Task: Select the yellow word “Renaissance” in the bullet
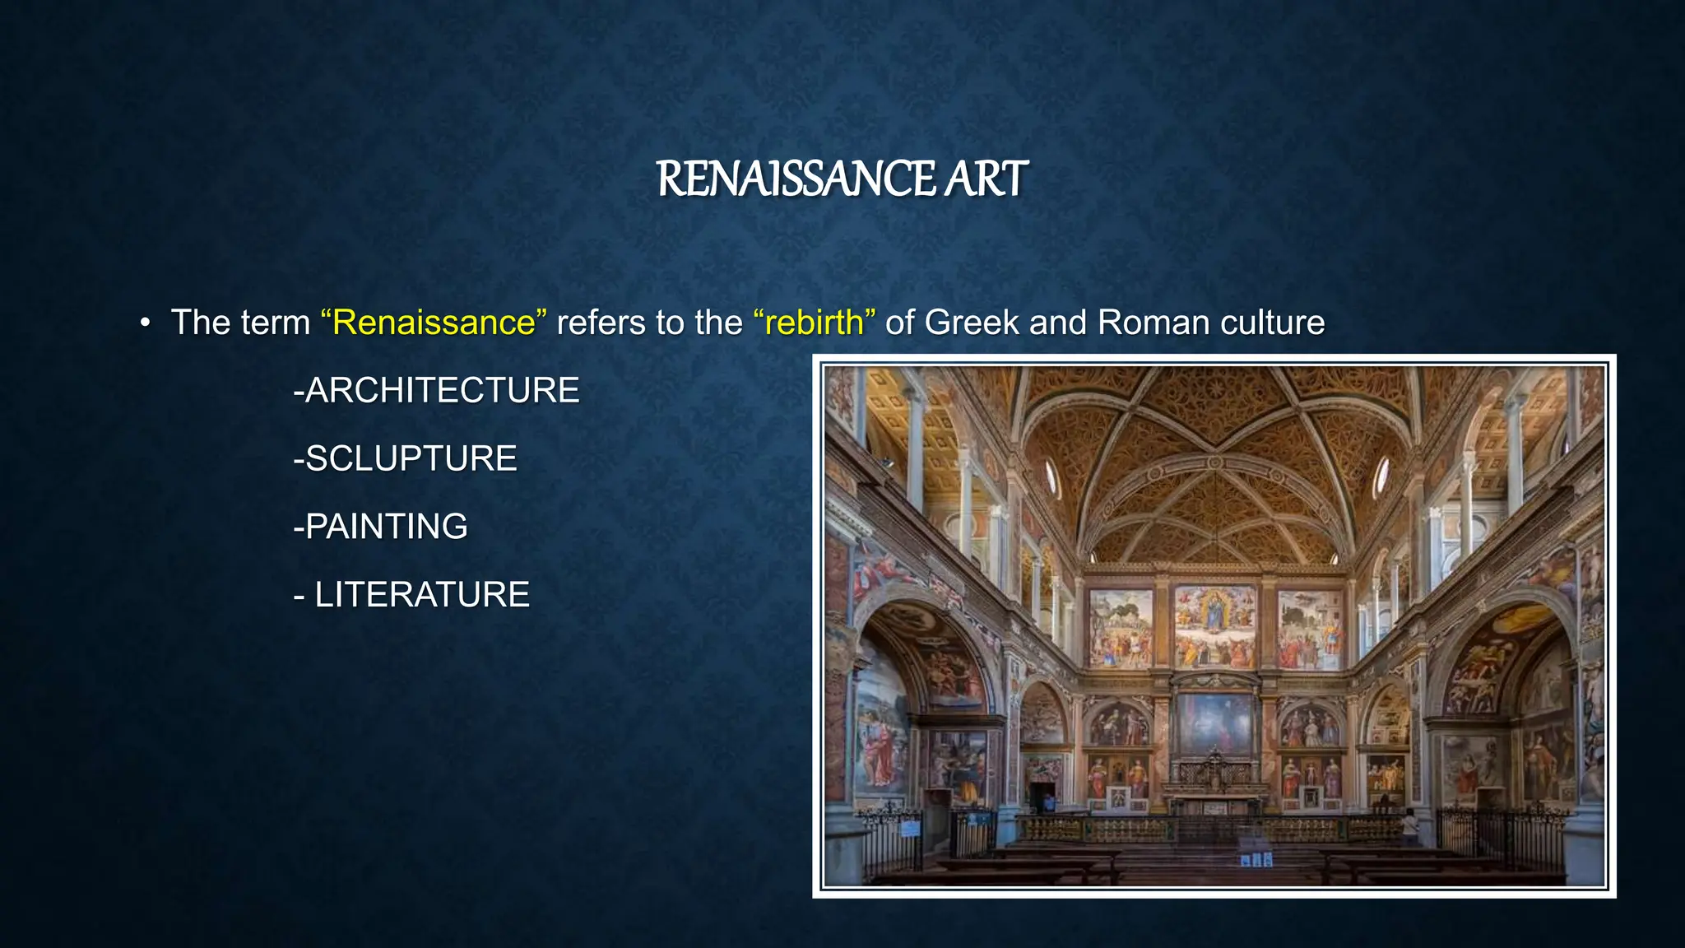[434, 322]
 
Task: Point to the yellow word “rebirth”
[815, 322]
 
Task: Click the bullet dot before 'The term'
[146, 323]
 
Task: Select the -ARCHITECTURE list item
[437, 390]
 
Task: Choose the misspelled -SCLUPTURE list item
[406, 458]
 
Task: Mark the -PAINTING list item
[381, 527]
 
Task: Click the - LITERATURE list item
[411, 595]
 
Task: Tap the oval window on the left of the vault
[1051, 476]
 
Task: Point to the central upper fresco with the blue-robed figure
[1214, 625]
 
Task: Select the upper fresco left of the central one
[1121, 628]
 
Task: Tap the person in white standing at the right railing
[1410, 825]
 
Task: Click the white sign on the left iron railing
[910, 827]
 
